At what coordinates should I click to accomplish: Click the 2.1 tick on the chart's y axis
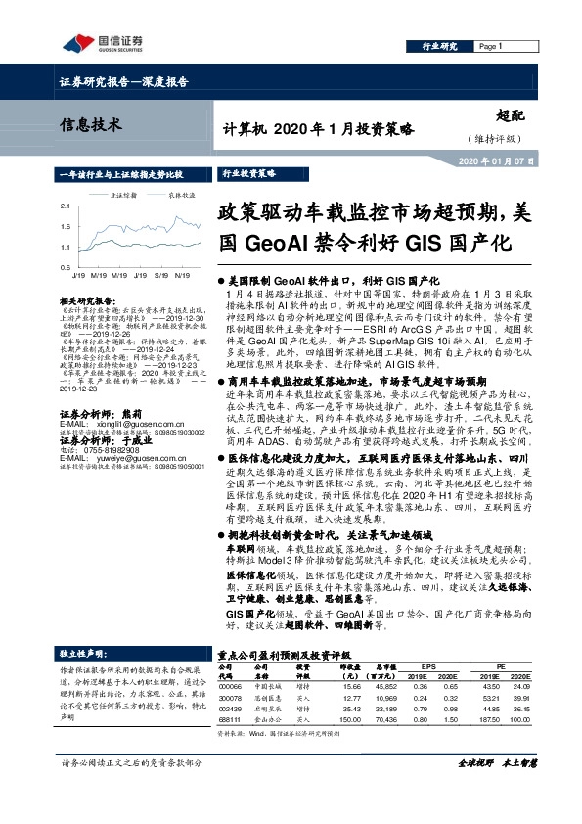pos(64,206)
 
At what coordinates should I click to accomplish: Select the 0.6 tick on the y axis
pos(64,267)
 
